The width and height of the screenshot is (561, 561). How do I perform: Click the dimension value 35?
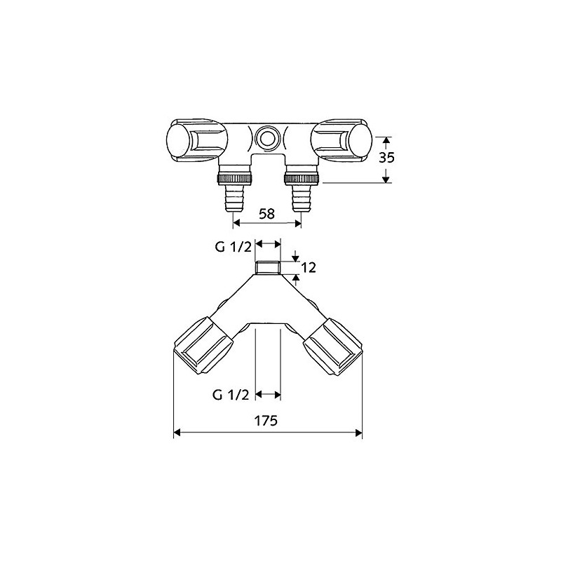tap(386, 158)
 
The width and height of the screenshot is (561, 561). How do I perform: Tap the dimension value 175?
tap(267, 421)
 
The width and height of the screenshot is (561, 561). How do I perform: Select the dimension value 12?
tap(309, 267)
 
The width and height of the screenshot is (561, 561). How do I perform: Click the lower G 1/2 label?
tap(231, 395)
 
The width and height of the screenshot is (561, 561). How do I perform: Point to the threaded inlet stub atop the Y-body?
tap(267, 266)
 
